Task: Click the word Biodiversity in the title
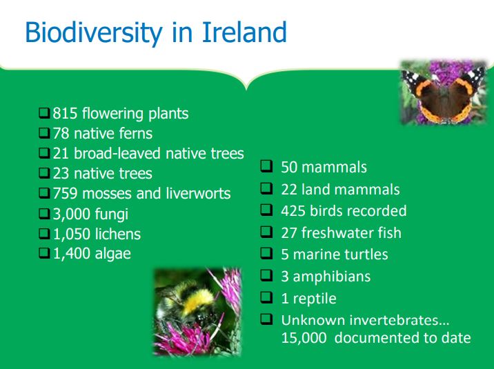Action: (x=94, y=33)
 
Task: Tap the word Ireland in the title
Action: (x=244, y=32)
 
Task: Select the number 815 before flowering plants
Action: (x=65, y=113)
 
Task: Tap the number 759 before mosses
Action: (x=65, y=193)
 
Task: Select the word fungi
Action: (x=112, y=215)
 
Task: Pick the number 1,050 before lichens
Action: (x=72, y=235)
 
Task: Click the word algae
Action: (x=112, y=255)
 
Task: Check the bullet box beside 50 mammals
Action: (x=266, y=166)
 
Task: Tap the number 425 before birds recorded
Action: (x=293, y=211)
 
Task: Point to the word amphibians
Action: (x=332, y=277)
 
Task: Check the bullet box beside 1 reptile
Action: (x=266, y=297)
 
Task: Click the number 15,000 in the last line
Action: (x=304, y=338)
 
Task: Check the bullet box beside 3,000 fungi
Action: (x=44, y=214)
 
